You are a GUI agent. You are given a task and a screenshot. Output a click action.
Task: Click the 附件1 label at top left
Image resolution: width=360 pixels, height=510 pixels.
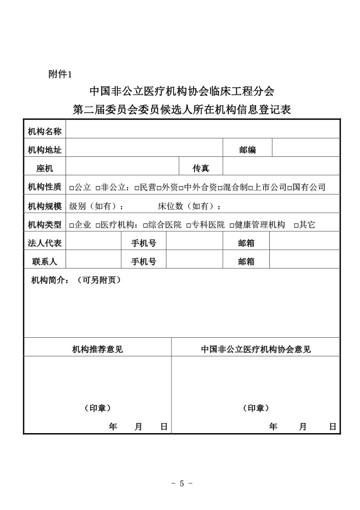point(60,74)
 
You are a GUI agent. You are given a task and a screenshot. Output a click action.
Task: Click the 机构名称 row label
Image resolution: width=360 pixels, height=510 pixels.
point(45,132)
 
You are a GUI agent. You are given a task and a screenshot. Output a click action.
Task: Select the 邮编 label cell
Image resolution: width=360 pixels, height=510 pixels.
point(247,150)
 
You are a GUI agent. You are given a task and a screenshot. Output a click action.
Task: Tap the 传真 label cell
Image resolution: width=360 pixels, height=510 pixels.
point(200,168)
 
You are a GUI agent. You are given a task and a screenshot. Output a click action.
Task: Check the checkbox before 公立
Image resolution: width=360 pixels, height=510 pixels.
point(71,188)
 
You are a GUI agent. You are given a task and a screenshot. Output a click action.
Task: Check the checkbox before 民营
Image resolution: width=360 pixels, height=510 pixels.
point(137,188)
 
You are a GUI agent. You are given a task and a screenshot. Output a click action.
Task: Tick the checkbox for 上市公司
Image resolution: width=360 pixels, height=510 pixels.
point(250,188)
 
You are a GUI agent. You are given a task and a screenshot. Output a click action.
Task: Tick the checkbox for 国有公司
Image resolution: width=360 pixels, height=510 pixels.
point(289,188)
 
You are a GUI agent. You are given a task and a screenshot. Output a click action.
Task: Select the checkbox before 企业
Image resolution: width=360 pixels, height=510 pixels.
point(71,225)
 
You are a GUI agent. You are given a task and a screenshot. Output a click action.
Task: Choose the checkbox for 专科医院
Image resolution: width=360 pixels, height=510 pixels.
point(188,225)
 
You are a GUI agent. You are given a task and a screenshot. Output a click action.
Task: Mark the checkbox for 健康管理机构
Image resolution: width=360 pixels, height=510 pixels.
point(232,225)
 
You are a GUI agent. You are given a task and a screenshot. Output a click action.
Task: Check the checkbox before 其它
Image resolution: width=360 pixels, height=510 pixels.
point(296,225)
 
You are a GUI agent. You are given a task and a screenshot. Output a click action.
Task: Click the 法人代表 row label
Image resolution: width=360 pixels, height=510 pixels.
point(45,243)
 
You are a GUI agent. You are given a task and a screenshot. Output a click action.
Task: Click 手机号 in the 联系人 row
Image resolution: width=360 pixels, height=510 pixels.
point(143,261)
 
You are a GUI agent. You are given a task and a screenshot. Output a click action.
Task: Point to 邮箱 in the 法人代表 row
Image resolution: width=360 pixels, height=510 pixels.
point(246,243)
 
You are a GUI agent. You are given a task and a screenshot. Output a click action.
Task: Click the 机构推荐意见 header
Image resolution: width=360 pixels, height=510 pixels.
point(97,350)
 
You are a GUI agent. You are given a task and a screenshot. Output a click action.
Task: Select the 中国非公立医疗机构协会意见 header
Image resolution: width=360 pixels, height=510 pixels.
point(256,350)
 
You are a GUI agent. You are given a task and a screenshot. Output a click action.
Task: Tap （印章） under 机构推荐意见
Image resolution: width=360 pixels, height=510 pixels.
point(97,408)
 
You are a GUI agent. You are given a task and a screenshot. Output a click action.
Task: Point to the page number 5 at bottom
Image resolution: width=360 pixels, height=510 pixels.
point(181,483)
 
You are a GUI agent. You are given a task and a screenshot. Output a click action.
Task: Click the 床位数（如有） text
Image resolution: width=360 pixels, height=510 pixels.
point(187,207)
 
